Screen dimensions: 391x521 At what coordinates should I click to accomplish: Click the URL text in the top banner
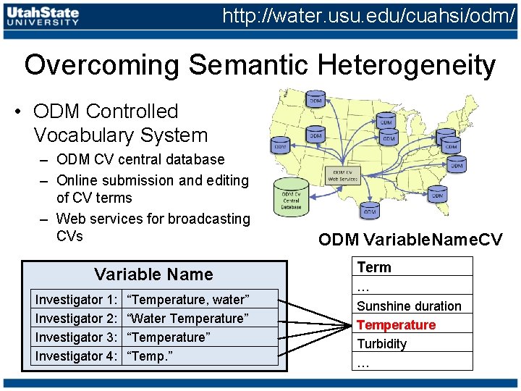[x=368, y=15]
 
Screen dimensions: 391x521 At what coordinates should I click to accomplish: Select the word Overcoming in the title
[x=102, y=65]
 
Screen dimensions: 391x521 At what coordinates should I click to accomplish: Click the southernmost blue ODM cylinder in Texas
[x=370, y=209]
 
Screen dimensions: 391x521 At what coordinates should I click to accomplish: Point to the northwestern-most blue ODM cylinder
[x=315, y=98]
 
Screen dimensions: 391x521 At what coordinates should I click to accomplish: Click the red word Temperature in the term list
[x=396, y=325]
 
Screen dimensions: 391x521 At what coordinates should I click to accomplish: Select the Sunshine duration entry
[x=408, y=306]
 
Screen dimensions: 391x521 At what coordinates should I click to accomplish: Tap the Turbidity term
[x=381, y=344]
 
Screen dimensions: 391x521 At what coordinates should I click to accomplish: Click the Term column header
[x=373, y=267]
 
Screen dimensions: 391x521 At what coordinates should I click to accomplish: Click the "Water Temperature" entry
[x=187, y=318]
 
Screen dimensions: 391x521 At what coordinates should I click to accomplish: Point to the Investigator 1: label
[x=77, y=299]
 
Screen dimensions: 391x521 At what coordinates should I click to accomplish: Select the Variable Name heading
[x=153, y=274]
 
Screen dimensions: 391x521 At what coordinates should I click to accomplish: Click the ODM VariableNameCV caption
[x=410, y=240]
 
